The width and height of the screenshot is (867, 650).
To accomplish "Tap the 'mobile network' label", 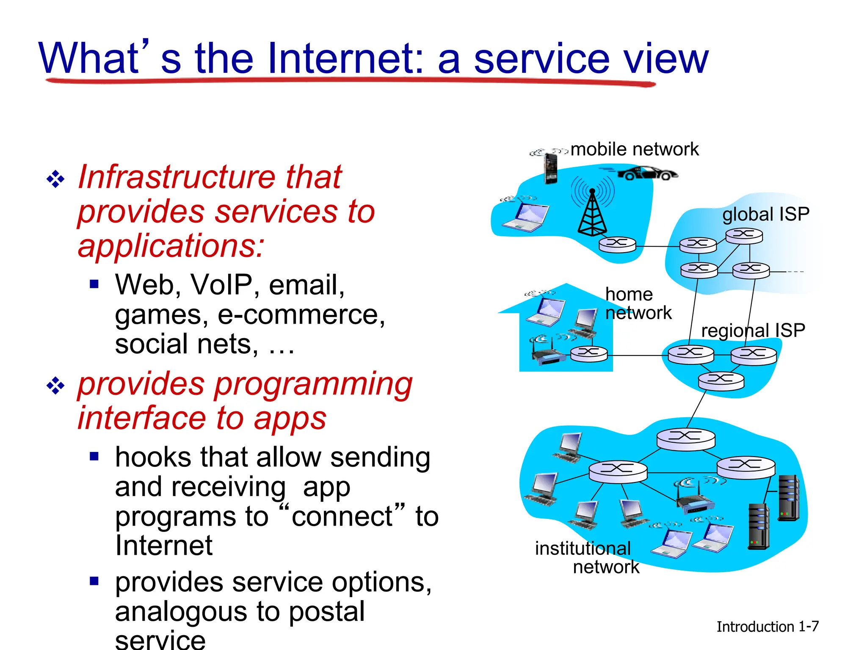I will pos(634,149).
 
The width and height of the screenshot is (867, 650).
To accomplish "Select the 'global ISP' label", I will pos(765,214).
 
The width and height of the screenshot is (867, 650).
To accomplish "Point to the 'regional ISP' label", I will pos(753,331).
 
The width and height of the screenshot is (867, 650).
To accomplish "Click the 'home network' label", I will pos(638,303).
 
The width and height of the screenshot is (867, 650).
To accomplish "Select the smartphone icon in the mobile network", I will pos(550,168).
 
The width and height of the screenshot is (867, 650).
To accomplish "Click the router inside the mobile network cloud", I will pos(617,244).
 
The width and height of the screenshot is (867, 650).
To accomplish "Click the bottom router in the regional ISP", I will pos(721,380).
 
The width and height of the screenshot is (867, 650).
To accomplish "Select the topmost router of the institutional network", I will pos(685,439).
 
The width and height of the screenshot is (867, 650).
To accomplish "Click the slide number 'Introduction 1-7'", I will pos(767,627).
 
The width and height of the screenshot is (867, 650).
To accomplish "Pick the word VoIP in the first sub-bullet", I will pos(221,285).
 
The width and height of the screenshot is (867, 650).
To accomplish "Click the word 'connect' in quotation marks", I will pos(342,516).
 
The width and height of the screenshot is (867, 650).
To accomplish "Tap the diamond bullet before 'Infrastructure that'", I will pos(55,179).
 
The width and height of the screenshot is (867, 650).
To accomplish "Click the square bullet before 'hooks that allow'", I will pos(94,456).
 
